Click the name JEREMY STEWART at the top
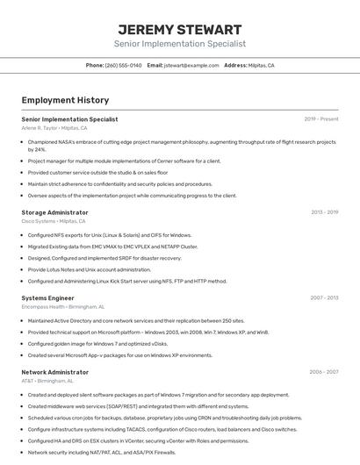pyautogui.click(x=180, y=29)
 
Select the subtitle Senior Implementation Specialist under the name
pyautogui.click(x=180, y=43)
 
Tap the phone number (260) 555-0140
pyautogui.click(x=123, y=65)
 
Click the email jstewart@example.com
pyautogui.click(x=191, y=65)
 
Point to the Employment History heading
pyautogui.click(x=65, y=100)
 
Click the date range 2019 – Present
pyautogui.click(x=321, y=118)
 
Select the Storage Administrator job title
pyautogui.click(x=54, y=212)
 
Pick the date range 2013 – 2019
pyautogui.click(x=324, y=212)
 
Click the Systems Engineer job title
pyautogui.click(x=47, y=297)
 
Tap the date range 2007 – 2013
pyautogui.click(x=324, y=297)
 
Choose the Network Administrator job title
pyautogui.click(x=54, y=372)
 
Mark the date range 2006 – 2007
pyautogui.click(x=324, y=372)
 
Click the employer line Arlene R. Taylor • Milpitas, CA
pyautogui.click(x=57, y=127)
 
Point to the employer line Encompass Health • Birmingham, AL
pyautogui.click(x=62, y=307)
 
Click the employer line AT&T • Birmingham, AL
pyautogui.click(x=47, y=381)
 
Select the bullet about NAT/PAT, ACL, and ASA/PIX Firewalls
pyautogui.click(x=101, y=452)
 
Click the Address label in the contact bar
pyautogui.click(x=234, y=65)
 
